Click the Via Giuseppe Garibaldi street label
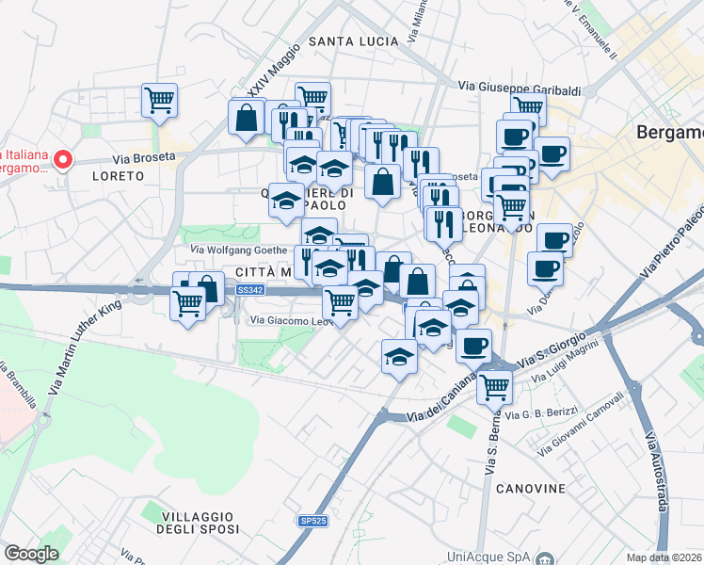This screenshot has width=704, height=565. [520, 86]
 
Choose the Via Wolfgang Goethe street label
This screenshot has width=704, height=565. [239, 250]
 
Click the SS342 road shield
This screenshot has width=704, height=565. [250, 291]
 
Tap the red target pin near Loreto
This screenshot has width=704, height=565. [63, 160]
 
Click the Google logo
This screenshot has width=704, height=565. [31, 554]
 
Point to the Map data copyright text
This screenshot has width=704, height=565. [664, 557]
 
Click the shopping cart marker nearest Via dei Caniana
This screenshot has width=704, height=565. [494, 385]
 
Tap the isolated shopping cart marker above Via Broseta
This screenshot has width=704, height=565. [160, 99]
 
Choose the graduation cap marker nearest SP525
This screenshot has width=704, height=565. [400, 357]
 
